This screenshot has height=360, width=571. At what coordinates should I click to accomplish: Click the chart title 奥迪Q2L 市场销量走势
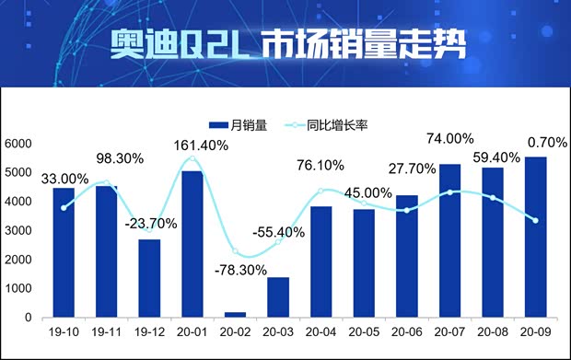(x=285, y=43)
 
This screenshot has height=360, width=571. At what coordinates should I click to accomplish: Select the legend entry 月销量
(x=238, y=124)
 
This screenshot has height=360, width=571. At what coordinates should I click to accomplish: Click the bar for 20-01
(x=192, y=244)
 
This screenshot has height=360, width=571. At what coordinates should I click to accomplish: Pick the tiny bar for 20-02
(x=235, y=315)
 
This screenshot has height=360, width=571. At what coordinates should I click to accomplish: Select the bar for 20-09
(x=535, y=238)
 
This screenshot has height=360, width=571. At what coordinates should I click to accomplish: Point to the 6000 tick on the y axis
(x=18, y=144)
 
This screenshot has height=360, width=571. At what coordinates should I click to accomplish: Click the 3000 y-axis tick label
(x=18, y=231)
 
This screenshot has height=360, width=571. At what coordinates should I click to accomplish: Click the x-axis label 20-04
(x=320, y=332)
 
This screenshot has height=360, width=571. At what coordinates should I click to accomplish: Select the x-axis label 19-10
(x=64, y=332)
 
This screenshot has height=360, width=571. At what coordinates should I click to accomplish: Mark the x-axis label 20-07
(x=449, y=332)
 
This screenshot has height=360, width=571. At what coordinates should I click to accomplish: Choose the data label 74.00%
(x=449, y=138)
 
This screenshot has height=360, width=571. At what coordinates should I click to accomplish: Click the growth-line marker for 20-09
(x=535, y=219)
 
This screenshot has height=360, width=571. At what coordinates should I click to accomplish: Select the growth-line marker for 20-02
(x=235, y=251)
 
